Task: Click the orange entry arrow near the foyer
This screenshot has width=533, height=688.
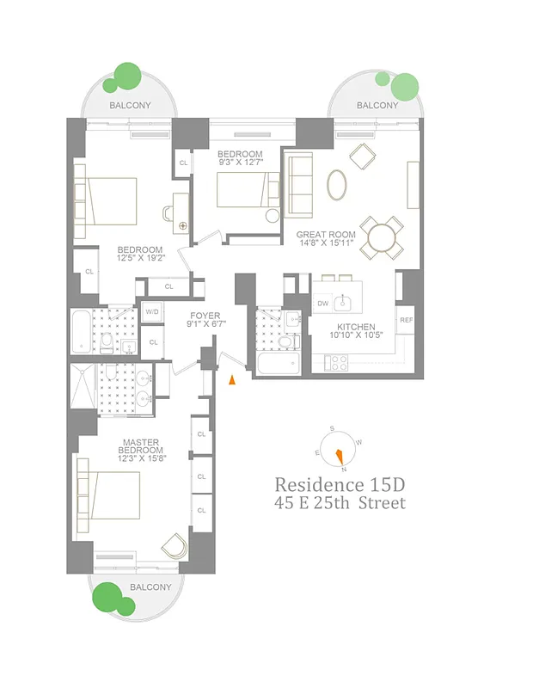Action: coord(230,380)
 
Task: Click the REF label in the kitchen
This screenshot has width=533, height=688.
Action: coord(406,320)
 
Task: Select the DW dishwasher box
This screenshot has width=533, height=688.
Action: coord(323,304)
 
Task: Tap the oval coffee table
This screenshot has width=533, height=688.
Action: coord(338,182)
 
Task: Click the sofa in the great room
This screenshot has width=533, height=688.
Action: coord(299,185)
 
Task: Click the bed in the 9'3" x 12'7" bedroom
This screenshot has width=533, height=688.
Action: coord(244,190)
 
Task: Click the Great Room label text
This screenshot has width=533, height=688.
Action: coord(326,235)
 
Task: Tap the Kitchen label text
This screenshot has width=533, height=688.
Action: coord(355,327)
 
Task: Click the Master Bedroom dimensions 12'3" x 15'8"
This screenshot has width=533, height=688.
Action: coord(142,458)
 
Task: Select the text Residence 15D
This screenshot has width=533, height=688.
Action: coord(331,484)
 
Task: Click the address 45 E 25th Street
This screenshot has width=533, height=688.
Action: coord(340,503)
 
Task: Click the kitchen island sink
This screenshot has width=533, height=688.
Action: coord(344,302)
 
